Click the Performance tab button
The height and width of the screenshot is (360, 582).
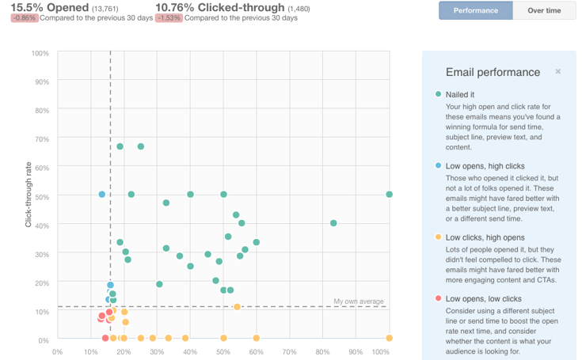(x=476, y=10)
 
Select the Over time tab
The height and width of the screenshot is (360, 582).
(x=544, y=10)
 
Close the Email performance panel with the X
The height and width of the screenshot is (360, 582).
(x=558, y=72)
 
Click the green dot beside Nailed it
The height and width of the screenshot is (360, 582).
(x=439, y=94)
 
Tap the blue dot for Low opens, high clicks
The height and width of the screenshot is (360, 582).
(x=439, y=166)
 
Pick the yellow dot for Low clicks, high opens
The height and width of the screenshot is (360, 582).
(x=439, y=237)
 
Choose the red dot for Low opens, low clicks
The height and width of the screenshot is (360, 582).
(x=439, y=299)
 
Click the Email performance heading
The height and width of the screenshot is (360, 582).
(x=493, y=72)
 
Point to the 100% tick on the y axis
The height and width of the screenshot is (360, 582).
(x=40, y=54)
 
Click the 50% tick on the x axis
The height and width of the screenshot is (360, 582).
(x=223, y=351)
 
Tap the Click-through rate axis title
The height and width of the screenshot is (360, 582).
(x=29, y=195)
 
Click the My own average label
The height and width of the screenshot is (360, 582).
(x=359, y=301)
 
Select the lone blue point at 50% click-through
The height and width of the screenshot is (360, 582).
(x=102, y=195)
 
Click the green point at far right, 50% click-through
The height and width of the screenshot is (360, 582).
(x=389, y=195)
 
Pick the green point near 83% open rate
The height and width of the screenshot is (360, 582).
(x=333, y=223)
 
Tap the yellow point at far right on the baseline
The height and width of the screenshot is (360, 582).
(x=389, y=339)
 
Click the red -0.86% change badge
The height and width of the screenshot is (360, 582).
(x=25, y=18)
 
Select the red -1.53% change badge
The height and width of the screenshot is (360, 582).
(x=169, y=18)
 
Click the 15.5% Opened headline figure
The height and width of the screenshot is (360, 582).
(x=44, y=7)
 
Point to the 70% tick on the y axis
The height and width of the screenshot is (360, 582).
(x=41, y=139)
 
